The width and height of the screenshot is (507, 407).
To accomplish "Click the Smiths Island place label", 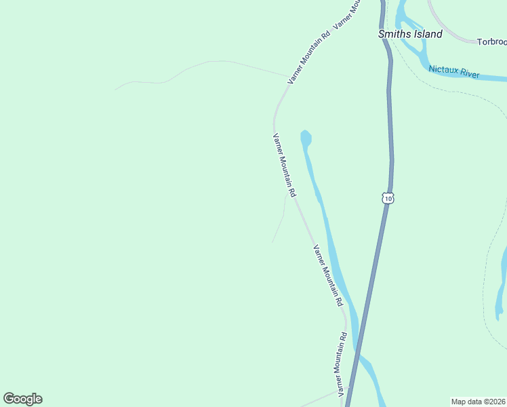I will [410, 34].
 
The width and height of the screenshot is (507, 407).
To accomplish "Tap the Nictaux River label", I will [454, 71].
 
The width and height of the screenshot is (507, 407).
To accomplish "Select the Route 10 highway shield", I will [387, 197].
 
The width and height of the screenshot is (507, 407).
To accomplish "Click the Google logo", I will [22, 399].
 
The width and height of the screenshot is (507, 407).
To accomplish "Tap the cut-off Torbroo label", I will [491, 41].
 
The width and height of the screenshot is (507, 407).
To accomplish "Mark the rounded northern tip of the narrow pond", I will [306, 133].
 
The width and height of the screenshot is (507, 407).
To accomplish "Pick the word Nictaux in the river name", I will [444, 69].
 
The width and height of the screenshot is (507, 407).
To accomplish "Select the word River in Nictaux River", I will [469, 73].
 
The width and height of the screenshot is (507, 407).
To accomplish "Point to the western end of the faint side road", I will [116, 89].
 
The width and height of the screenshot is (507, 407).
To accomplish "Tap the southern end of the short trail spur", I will [272, 242].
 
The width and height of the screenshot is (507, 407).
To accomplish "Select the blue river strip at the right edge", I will [502, 285].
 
